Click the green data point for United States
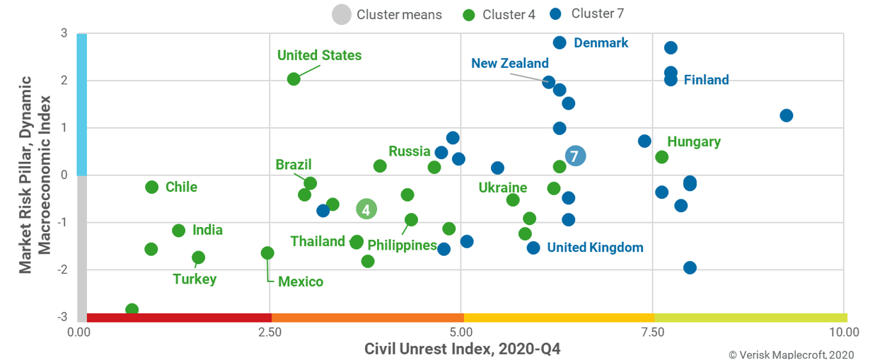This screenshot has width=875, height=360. pos(294,79)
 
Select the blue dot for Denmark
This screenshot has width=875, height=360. pos(560,43)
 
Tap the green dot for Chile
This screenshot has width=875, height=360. pos(151,187)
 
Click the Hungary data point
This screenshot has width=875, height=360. pos(662,157)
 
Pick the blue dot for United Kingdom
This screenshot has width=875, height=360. pos(533,248)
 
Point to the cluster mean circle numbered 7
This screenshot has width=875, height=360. pos(575,156)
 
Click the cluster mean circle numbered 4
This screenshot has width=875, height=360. pos(366,209)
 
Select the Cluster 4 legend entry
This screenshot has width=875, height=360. pos(498,14)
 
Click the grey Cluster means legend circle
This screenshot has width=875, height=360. pos(342,14)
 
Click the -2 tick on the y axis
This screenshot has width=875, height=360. pos(63,270)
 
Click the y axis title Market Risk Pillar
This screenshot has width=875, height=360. pos(35,173)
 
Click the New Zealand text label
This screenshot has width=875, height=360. pos(509,63)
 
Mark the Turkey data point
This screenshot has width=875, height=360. pos(198,257)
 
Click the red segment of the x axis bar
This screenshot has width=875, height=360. pos(178,318)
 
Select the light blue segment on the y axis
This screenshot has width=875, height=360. pos(81,104)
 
